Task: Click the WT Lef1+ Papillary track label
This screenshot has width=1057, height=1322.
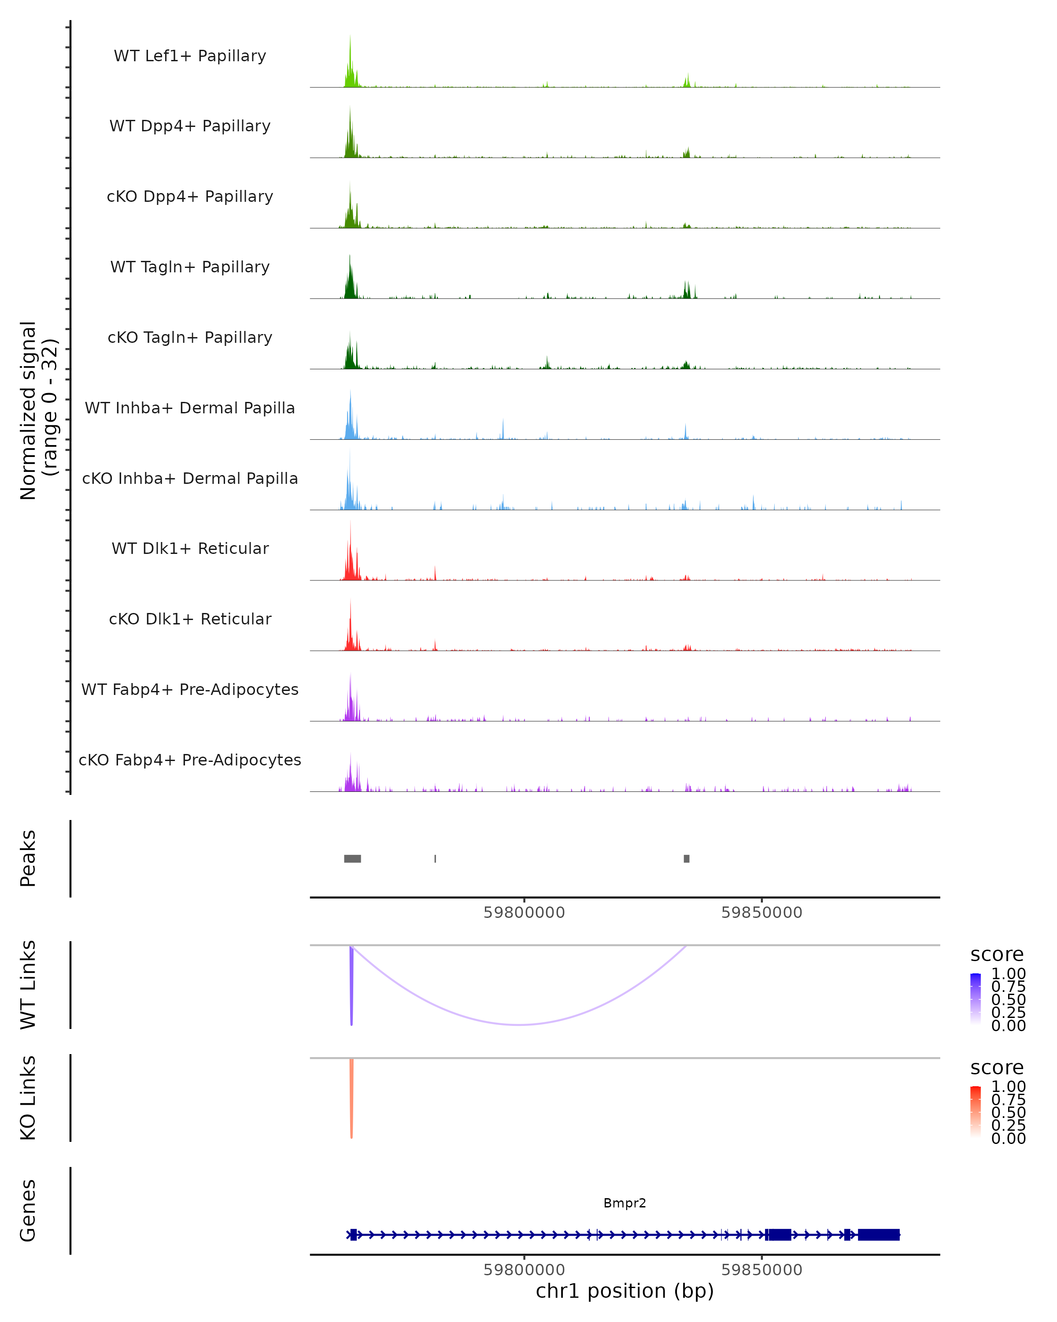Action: pos(190,56)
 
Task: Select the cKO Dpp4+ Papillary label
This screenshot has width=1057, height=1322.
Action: pos(190,196)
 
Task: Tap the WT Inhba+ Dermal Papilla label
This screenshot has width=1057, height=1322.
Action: pos(190,408)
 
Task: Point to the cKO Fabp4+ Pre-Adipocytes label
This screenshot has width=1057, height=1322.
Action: pos(190,760)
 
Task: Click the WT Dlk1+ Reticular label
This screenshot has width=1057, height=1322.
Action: pos(190,548)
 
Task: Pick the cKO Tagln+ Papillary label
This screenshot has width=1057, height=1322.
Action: pos(190,337)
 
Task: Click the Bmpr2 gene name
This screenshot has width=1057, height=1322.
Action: pos(625,1203)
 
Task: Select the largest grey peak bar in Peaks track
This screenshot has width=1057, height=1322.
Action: pos(352,858)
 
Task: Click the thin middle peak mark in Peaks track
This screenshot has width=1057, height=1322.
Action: pos(435,858)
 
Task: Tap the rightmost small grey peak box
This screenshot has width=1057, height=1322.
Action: pos(686,858)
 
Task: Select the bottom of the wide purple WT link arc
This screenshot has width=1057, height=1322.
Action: pos(520,1025)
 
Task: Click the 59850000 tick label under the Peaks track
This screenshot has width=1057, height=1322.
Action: pos(761,913)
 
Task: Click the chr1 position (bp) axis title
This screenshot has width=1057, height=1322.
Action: pos(625,1291)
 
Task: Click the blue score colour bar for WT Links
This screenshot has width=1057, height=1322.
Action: pos(976,999)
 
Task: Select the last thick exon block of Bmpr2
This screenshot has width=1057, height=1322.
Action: pos(878,1234)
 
